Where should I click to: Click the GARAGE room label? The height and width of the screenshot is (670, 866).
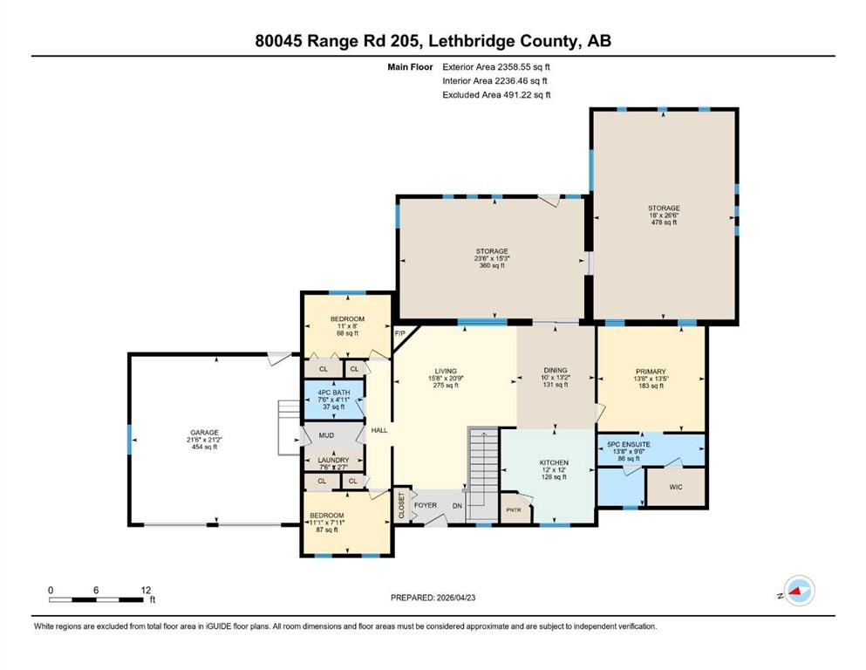(204, 433)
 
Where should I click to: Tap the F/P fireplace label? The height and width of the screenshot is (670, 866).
(400, 333)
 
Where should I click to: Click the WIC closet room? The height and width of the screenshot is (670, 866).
(676, 487)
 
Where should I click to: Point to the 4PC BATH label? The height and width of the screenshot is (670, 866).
(334, 393)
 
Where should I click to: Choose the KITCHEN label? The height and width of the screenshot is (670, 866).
(554, 462)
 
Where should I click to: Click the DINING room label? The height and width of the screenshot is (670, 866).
(555, 370)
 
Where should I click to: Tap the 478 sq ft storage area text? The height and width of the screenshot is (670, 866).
(664, 222)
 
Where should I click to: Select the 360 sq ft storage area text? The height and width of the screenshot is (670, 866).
(492, 266)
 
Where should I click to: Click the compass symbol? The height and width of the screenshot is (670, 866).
(799, 591)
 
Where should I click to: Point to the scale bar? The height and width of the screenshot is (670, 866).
(96, 599)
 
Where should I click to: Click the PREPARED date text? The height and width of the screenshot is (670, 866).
(433, 598)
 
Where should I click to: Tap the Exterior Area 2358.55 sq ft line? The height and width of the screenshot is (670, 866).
(496, 67)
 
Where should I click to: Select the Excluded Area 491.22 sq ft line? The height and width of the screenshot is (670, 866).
(496, 94)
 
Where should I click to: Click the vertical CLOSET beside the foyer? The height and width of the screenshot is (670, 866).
(401, 505)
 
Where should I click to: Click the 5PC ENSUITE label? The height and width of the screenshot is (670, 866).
(629, 444)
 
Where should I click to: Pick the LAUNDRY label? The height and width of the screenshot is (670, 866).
(334, 460)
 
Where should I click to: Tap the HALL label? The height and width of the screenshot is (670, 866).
(379, 430)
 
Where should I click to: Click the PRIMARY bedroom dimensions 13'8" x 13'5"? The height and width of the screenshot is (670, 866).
(651, 379)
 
